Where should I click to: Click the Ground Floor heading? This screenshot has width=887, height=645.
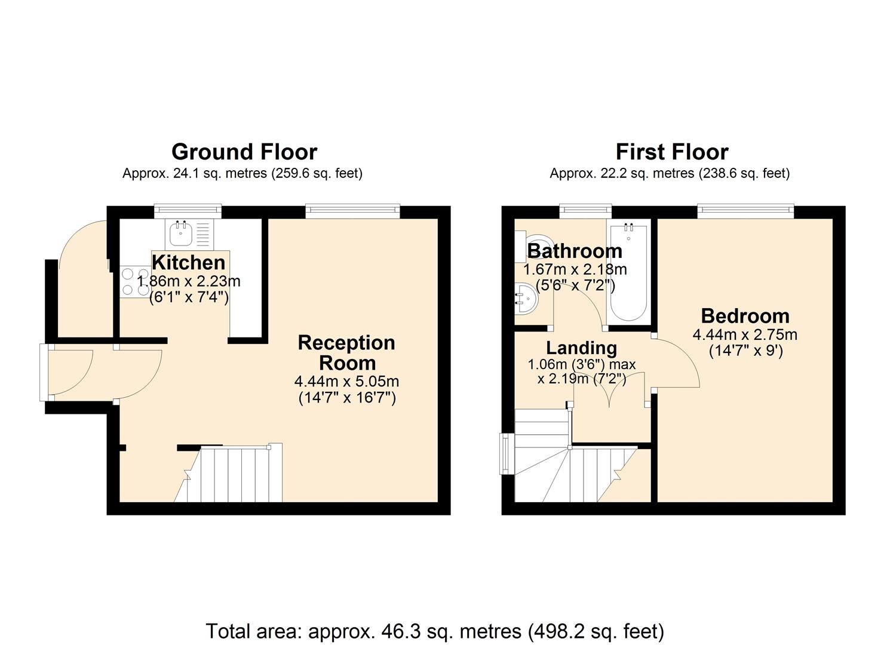click(x=244, y=152)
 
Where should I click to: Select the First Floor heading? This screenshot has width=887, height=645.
click(x=671, y=152)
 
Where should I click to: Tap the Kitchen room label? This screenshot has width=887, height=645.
click(x=188, y=262)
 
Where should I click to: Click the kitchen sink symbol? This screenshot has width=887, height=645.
click(x=181, y=234)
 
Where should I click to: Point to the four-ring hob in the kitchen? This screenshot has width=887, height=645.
click(x=135, y=282)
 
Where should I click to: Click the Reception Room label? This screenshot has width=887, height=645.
click(x=346, y=352)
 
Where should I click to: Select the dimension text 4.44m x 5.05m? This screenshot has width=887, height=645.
click(x=346, y=381)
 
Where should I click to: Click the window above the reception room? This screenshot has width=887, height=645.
click(x=352, y=209)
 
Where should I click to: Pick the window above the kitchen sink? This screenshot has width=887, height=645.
click(x=188, y=209)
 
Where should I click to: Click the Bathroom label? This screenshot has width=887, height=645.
click(x=575, y=251)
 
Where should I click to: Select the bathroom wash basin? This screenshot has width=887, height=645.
click(x=525, y=298)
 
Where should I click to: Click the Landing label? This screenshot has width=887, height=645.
click(x=581, y=348)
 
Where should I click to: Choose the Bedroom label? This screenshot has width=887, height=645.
click(x=745, y=315)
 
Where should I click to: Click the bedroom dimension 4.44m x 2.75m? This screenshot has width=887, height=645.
click(x=745, y=334)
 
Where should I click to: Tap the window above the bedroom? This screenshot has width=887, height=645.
click(x=745, y=209)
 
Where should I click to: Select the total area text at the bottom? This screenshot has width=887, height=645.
click(x=435, y=631)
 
